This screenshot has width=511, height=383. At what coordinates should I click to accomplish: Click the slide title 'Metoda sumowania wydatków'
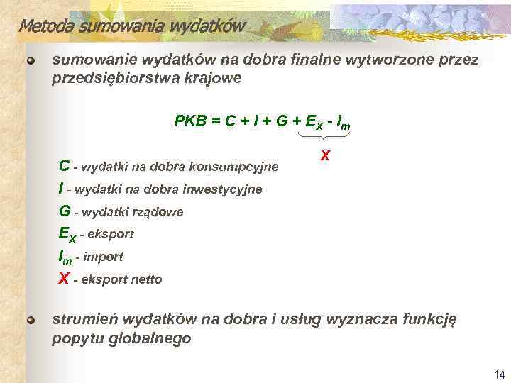click(x=131, y=27)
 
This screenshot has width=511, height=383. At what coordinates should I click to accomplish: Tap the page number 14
click(x=498, y=374)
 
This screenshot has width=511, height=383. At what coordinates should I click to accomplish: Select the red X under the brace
click(x=324, y=155)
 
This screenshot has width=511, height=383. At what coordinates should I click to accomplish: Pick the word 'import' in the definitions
click(x=104, y=257)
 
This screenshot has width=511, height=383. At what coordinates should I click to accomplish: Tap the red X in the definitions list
click(x=64, y=279)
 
